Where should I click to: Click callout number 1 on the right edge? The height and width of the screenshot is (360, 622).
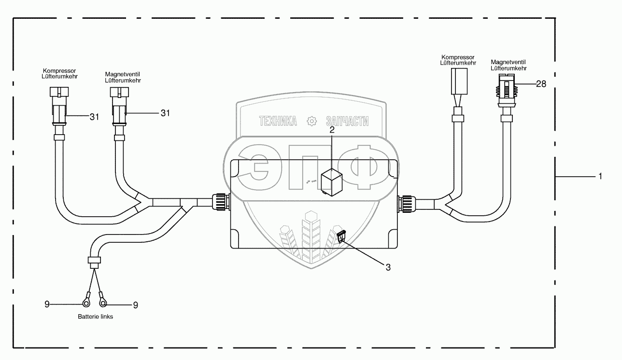coord(600,177)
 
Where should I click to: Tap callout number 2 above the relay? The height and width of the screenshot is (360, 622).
coord(332,129)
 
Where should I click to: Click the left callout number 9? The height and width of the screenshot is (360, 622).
coord(47,304)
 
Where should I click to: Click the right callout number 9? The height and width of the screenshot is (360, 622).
coord(135,305)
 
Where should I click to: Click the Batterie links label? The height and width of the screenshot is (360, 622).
coord(95,318)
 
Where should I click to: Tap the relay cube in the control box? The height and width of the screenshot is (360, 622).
coord(332,180)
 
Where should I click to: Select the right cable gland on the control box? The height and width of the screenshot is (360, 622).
coord(406,204)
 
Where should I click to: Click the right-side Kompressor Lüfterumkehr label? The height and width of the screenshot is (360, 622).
coord(458,60)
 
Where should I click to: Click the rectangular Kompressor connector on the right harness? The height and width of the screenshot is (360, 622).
coord(458,81)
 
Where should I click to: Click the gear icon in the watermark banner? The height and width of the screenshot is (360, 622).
coord(312,121)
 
